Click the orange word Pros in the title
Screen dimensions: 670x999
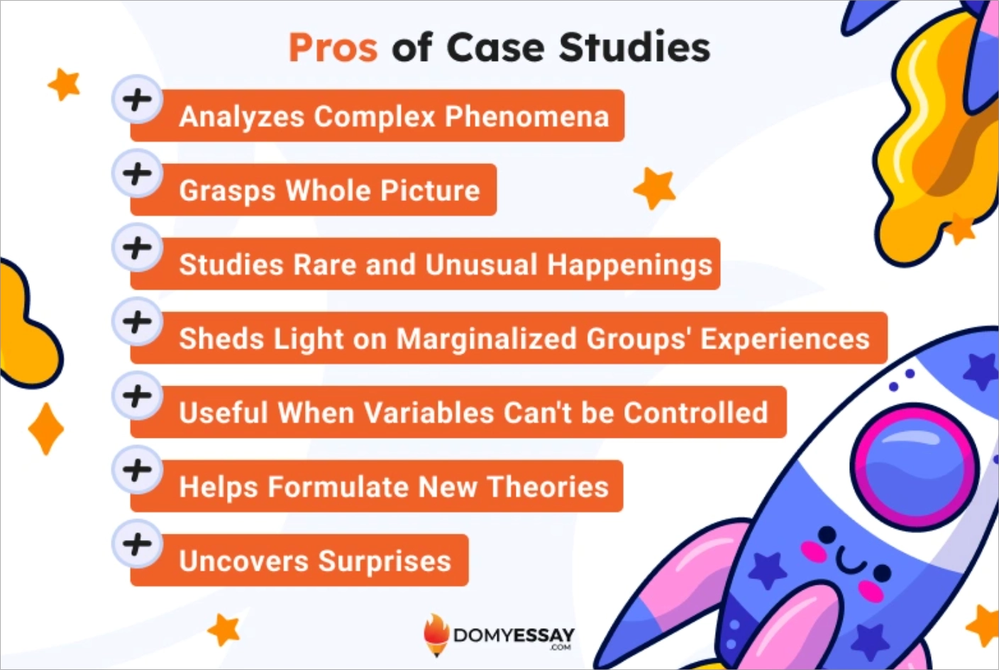[333, 48]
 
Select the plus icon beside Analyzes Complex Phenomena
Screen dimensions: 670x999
[137, 99]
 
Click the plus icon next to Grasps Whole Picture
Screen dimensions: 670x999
[137, 173]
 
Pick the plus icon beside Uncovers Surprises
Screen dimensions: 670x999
[137, 544]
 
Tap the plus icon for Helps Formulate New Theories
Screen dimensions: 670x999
[137, 470]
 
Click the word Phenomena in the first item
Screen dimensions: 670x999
[526, 116]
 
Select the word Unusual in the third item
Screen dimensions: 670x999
[481, 265]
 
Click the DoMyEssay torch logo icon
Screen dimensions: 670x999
[436, 634]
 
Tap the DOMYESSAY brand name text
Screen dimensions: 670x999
[513, 635]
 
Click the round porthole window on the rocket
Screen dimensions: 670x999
[914, 466]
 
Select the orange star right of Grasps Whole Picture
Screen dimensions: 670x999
[654, 188]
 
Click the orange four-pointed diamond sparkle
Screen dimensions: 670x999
[46, 429]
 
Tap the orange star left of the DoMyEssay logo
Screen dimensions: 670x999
[224, 630]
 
